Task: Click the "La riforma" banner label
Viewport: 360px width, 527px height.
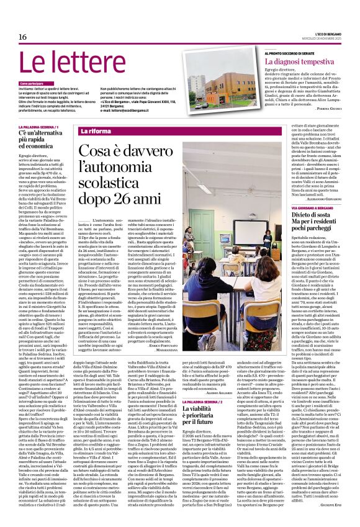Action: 96,132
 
